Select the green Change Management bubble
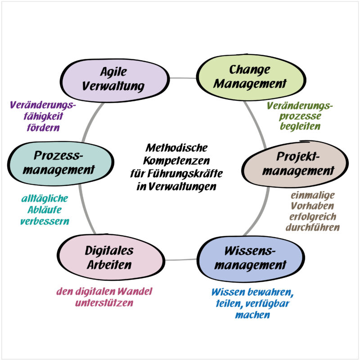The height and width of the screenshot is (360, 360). pos(249,77)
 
